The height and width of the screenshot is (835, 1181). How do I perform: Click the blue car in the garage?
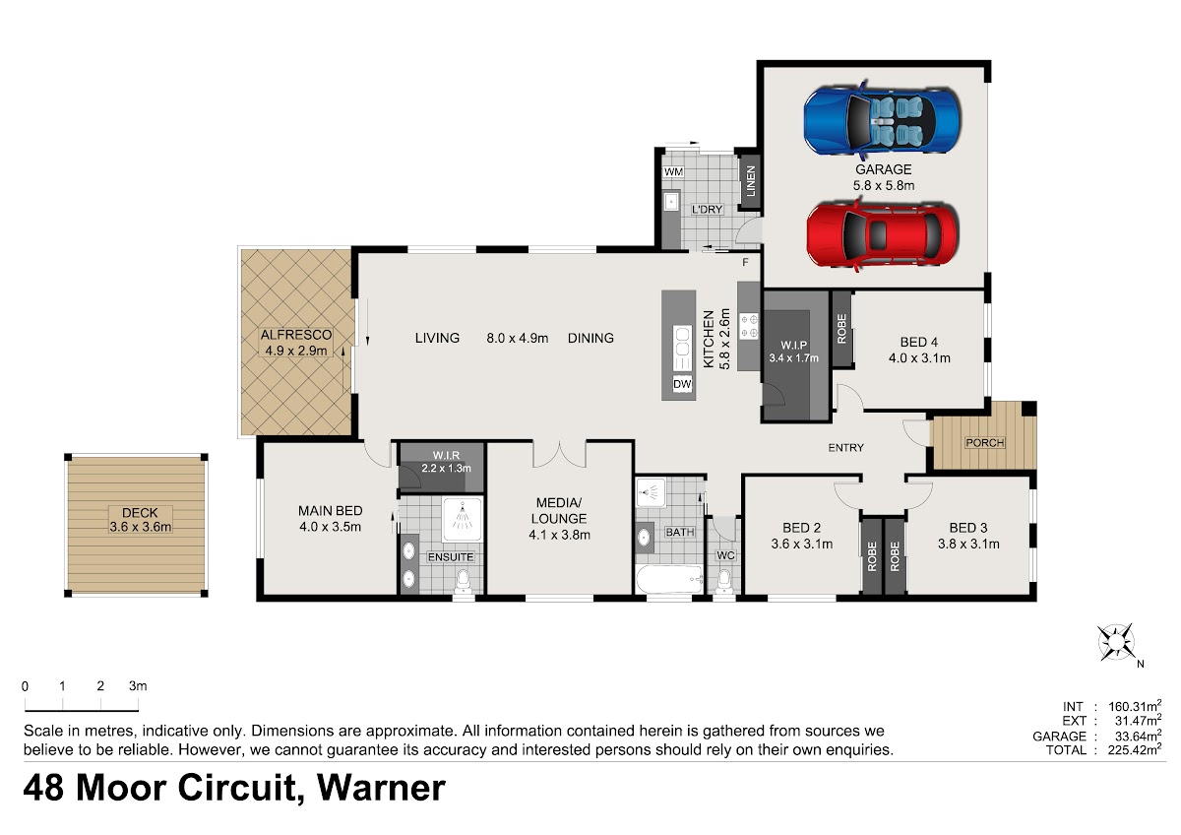pos(883,120)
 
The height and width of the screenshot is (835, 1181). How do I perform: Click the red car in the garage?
pos(883,234)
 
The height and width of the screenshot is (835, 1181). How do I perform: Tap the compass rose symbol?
pos(1116,642)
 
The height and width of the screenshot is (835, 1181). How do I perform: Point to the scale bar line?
pos(82,711)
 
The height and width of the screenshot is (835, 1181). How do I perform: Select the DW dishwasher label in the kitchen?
pos(682,384)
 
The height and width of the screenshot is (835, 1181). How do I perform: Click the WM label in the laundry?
pos(673,171)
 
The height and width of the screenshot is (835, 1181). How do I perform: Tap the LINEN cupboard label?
pos(751,181)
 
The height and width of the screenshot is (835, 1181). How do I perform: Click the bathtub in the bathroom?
pos(669,579)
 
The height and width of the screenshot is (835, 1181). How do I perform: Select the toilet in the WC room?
pos(725,582)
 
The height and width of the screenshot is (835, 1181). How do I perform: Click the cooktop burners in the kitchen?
pos(749,326)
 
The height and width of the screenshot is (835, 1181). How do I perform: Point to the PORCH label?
pos(985,442)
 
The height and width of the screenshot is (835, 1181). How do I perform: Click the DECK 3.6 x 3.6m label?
pos(140,520)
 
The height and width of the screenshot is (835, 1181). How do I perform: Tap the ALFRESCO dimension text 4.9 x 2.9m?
pos(296,351)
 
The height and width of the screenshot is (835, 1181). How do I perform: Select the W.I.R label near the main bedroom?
pos(446,455)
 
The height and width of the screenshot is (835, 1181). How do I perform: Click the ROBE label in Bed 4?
pos(841,329)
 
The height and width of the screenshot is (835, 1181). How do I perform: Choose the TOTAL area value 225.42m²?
pos(1135,749)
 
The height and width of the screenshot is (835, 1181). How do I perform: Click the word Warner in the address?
pos(381,788)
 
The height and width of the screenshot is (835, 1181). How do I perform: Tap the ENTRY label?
pos(845,448)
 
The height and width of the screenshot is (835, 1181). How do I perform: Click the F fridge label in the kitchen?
pos(746,262)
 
